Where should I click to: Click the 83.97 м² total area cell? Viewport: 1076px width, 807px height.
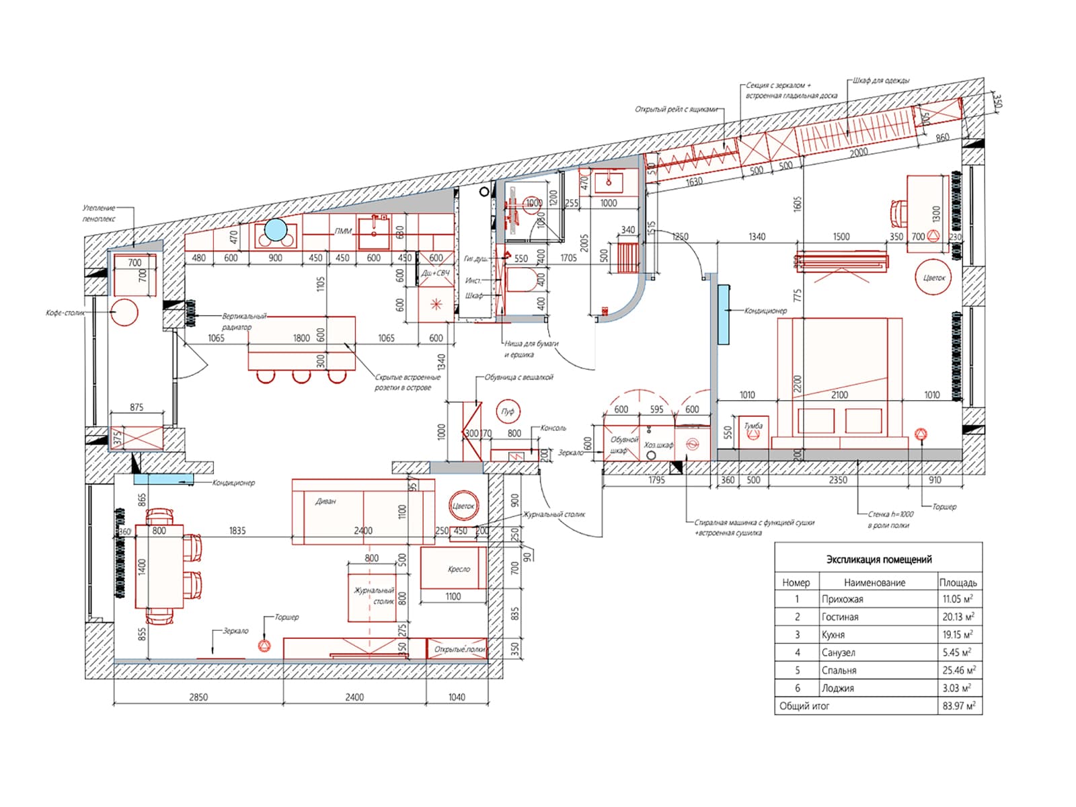[958, 706]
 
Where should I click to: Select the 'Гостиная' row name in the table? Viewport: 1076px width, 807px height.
[840, 617]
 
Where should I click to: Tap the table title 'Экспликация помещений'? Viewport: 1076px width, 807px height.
[878, 559]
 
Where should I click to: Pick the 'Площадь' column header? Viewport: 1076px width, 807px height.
[958, 582]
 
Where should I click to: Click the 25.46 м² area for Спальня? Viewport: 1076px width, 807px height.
[958, 670]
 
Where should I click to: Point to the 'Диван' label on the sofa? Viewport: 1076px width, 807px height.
[325, 502]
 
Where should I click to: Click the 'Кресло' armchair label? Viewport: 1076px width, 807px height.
[459, 569]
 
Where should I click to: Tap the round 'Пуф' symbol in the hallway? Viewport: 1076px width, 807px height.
[508, 412]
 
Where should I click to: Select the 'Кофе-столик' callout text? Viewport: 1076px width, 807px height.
[65, 313]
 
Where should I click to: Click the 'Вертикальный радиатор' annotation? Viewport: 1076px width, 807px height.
[244, 321]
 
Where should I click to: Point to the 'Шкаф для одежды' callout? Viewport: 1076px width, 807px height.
[881, 81]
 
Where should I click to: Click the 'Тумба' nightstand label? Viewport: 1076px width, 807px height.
[753, 426]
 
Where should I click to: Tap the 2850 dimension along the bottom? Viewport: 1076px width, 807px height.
[198, 697]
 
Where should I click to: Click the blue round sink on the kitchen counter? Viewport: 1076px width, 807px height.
[276, 230]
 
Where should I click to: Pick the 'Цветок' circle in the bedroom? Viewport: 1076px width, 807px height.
[934, 278]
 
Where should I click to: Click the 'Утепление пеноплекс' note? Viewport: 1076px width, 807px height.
[99, 213]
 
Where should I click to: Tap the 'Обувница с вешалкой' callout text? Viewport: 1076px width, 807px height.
[518, 378]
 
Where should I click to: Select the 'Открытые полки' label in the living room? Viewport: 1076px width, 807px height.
[459, 650]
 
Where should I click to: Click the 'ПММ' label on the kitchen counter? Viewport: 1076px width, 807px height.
[343, 231]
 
